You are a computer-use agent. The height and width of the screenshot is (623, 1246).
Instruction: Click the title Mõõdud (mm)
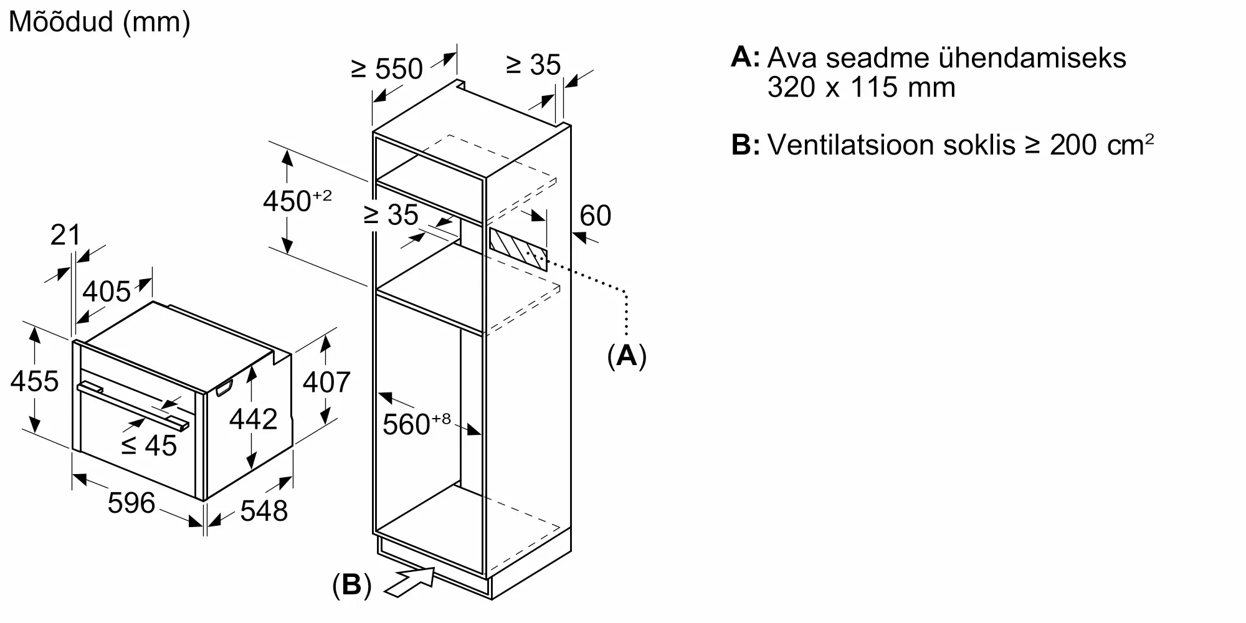[100, 22]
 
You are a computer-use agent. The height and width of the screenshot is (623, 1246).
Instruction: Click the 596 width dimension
[131, 503]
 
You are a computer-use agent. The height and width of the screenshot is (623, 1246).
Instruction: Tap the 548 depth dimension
[264, 511]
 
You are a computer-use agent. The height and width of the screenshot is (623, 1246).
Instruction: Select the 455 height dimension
[34, 381]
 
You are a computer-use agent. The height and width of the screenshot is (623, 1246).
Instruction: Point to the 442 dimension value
[254, 419]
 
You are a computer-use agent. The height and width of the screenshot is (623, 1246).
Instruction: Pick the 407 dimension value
[326, 381]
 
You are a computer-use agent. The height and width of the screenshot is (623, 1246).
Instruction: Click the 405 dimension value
[107, 291]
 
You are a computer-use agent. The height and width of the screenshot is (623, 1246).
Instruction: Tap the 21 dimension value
[65, 235]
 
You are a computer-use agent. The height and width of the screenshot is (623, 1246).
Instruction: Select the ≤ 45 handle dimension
[149, 445]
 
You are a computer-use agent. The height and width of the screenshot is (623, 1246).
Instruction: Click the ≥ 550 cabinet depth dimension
[387, 69]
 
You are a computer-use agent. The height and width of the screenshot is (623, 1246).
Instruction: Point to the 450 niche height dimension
[297, 201]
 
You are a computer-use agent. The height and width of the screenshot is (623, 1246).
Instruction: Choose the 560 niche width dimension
[416, 424]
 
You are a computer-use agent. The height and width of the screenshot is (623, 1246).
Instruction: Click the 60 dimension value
[596, 216]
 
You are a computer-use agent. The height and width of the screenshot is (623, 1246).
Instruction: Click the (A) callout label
[627, 356]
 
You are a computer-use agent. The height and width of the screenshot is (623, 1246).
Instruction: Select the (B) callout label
[352, 586]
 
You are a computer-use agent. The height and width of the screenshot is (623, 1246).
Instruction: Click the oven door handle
[133, 406]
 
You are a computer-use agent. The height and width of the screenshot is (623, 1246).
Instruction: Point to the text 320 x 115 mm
[861, 87]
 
